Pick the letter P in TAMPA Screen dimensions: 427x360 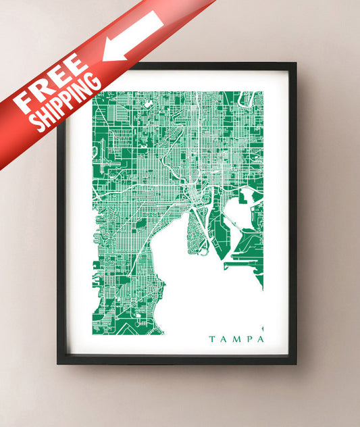[248, 338]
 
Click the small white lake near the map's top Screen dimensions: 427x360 [147, 104]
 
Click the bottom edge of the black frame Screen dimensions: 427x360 [176, 359]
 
